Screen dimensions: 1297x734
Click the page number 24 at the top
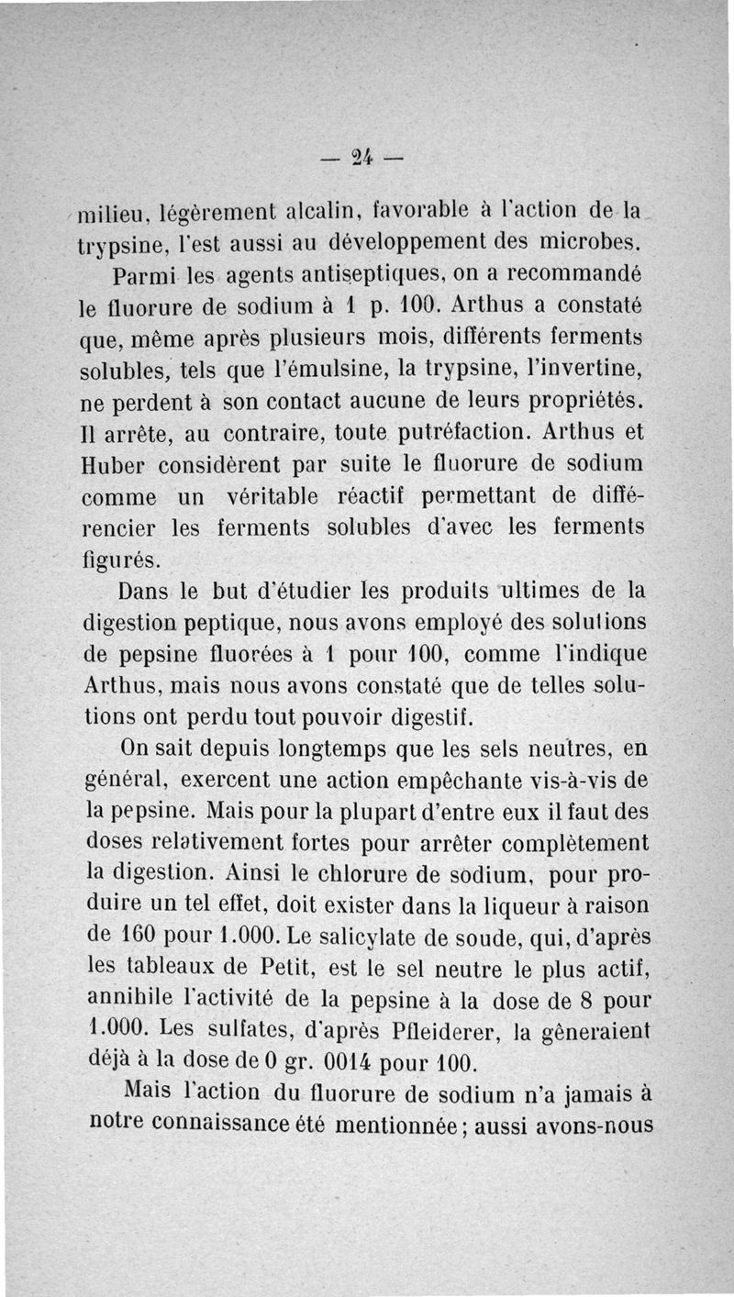pyautogui.click(x=366, y=157)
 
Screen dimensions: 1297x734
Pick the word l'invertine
pyautogui.click(x=581, y=370)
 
